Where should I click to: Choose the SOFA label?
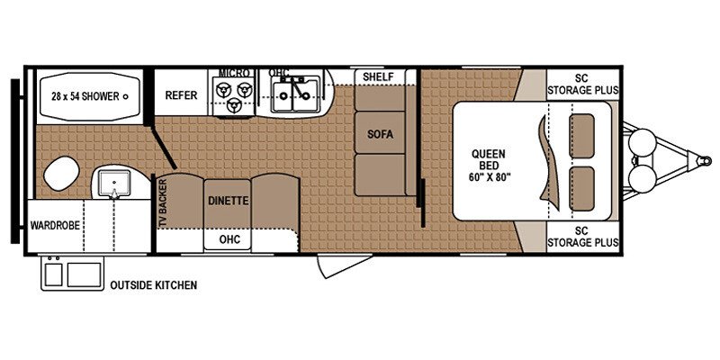380,135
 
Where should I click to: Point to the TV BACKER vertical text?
164,201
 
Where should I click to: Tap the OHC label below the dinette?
228,239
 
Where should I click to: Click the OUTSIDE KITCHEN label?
153,286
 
